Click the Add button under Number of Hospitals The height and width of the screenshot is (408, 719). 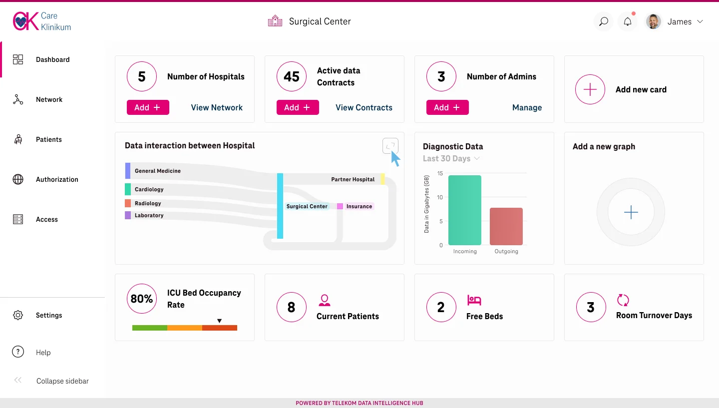tap(148, 107)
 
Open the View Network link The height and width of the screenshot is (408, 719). tap(217, 107)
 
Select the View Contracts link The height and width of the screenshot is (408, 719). tap(363, 107)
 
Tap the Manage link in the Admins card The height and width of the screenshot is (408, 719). tap(527, 107)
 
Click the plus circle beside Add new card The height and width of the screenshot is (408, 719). tap(590, 90)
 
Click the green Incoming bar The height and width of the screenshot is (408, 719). tap(465, 210)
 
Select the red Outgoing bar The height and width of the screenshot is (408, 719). tap(506, 226)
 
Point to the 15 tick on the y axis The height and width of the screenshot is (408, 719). tap(440, 173)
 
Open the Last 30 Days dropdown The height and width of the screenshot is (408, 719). tap(451, 159)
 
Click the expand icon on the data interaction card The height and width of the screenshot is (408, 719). tap(390, 146)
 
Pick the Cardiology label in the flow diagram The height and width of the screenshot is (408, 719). tap(149, 189)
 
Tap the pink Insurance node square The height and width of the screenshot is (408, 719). tap(340, 206)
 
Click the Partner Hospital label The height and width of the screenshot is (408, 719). tap(353, 179)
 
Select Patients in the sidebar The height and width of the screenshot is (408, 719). tap(48, 139)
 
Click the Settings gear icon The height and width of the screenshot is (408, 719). tap(18, 315)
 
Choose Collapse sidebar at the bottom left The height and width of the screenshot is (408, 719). tap(62, 381)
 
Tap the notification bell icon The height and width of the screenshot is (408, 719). tap(628, 21)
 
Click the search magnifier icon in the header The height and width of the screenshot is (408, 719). tap(604, 21)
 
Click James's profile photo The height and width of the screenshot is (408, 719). tap(654, 21)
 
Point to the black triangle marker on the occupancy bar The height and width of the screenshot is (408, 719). tap(219, 321)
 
